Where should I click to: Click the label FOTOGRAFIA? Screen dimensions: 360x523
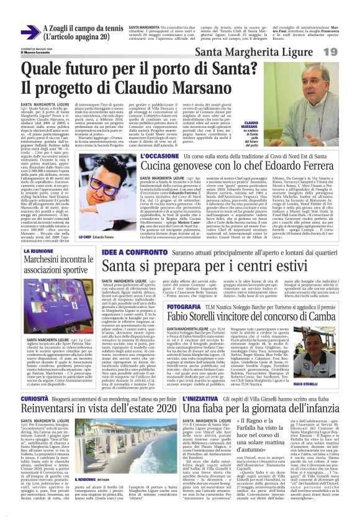tap(184, 307)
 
